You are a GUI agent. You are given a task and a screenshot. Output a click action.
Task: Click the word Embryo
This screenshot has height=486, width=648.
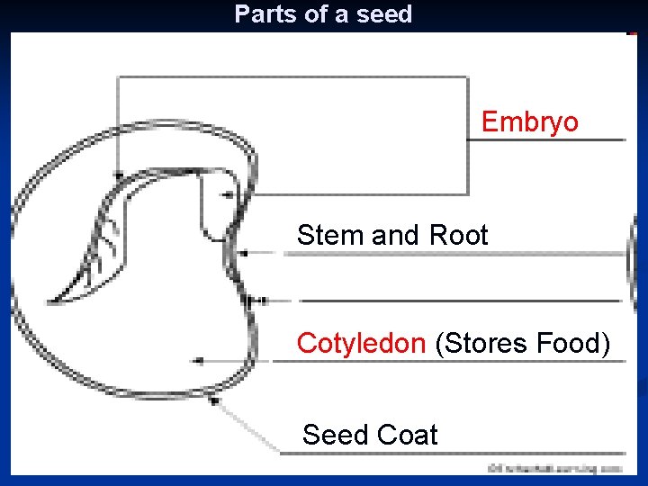tap(529, 121)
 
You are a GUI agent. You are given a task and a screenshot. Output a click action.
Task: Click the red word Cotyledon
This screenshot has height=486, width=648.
tap(362, 343)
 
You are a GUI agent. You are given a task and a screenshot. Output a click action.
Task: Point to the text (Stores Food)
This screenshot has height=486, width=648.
tap(522, 343)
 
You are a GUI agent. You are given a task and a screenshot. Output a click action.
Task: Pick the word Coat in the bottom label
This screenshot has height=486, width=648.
tap(407, 436)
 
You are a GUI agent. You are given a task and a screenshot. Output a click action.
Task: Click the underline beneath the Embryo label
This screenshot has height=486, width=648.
tap(549, 140)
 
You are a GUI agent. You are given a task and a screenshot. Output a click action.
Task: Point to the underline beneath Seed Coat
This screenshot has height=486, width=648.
tap(450, 453)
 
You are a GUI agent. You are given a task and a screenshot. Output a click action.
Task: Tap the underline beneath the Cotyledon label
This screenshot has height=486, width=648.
tap(450, 361)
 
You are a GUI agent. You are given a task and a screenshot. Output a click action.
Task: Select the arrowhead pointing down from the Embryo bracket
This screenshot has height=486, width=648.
tap(119, 172)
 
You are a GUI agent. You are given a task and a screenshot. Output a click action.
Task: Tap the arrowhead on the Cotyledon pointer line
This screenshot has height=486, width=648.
tap(197, 361)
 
